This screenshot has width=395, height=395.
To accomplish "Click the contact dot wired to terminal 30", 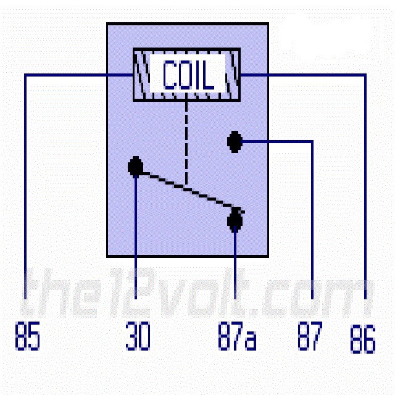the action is [136, 167].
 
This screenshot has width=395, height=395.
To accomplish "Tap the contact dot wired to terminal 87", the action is [234, 141].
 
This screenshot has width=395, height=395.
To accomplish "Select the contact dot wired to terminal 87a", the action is [235, 220].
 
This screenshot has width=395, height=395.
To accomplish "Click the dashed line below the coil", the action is [186, 142].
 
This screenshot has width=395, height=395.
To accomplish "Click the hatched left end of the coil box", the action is [143, 75].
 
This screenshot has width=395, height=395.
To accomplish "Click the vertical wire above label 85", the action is [25, 185].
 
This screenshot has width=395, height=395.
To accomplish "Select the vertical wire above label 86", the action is [365, 185].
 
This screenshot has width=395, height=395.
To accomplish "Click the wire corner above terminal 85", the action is [25, 75].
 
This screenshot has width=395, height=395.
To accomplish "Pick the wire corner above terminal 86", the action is [365, 75].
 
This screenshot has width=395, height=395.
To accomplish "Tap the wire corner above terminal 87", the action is [312, 142].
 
